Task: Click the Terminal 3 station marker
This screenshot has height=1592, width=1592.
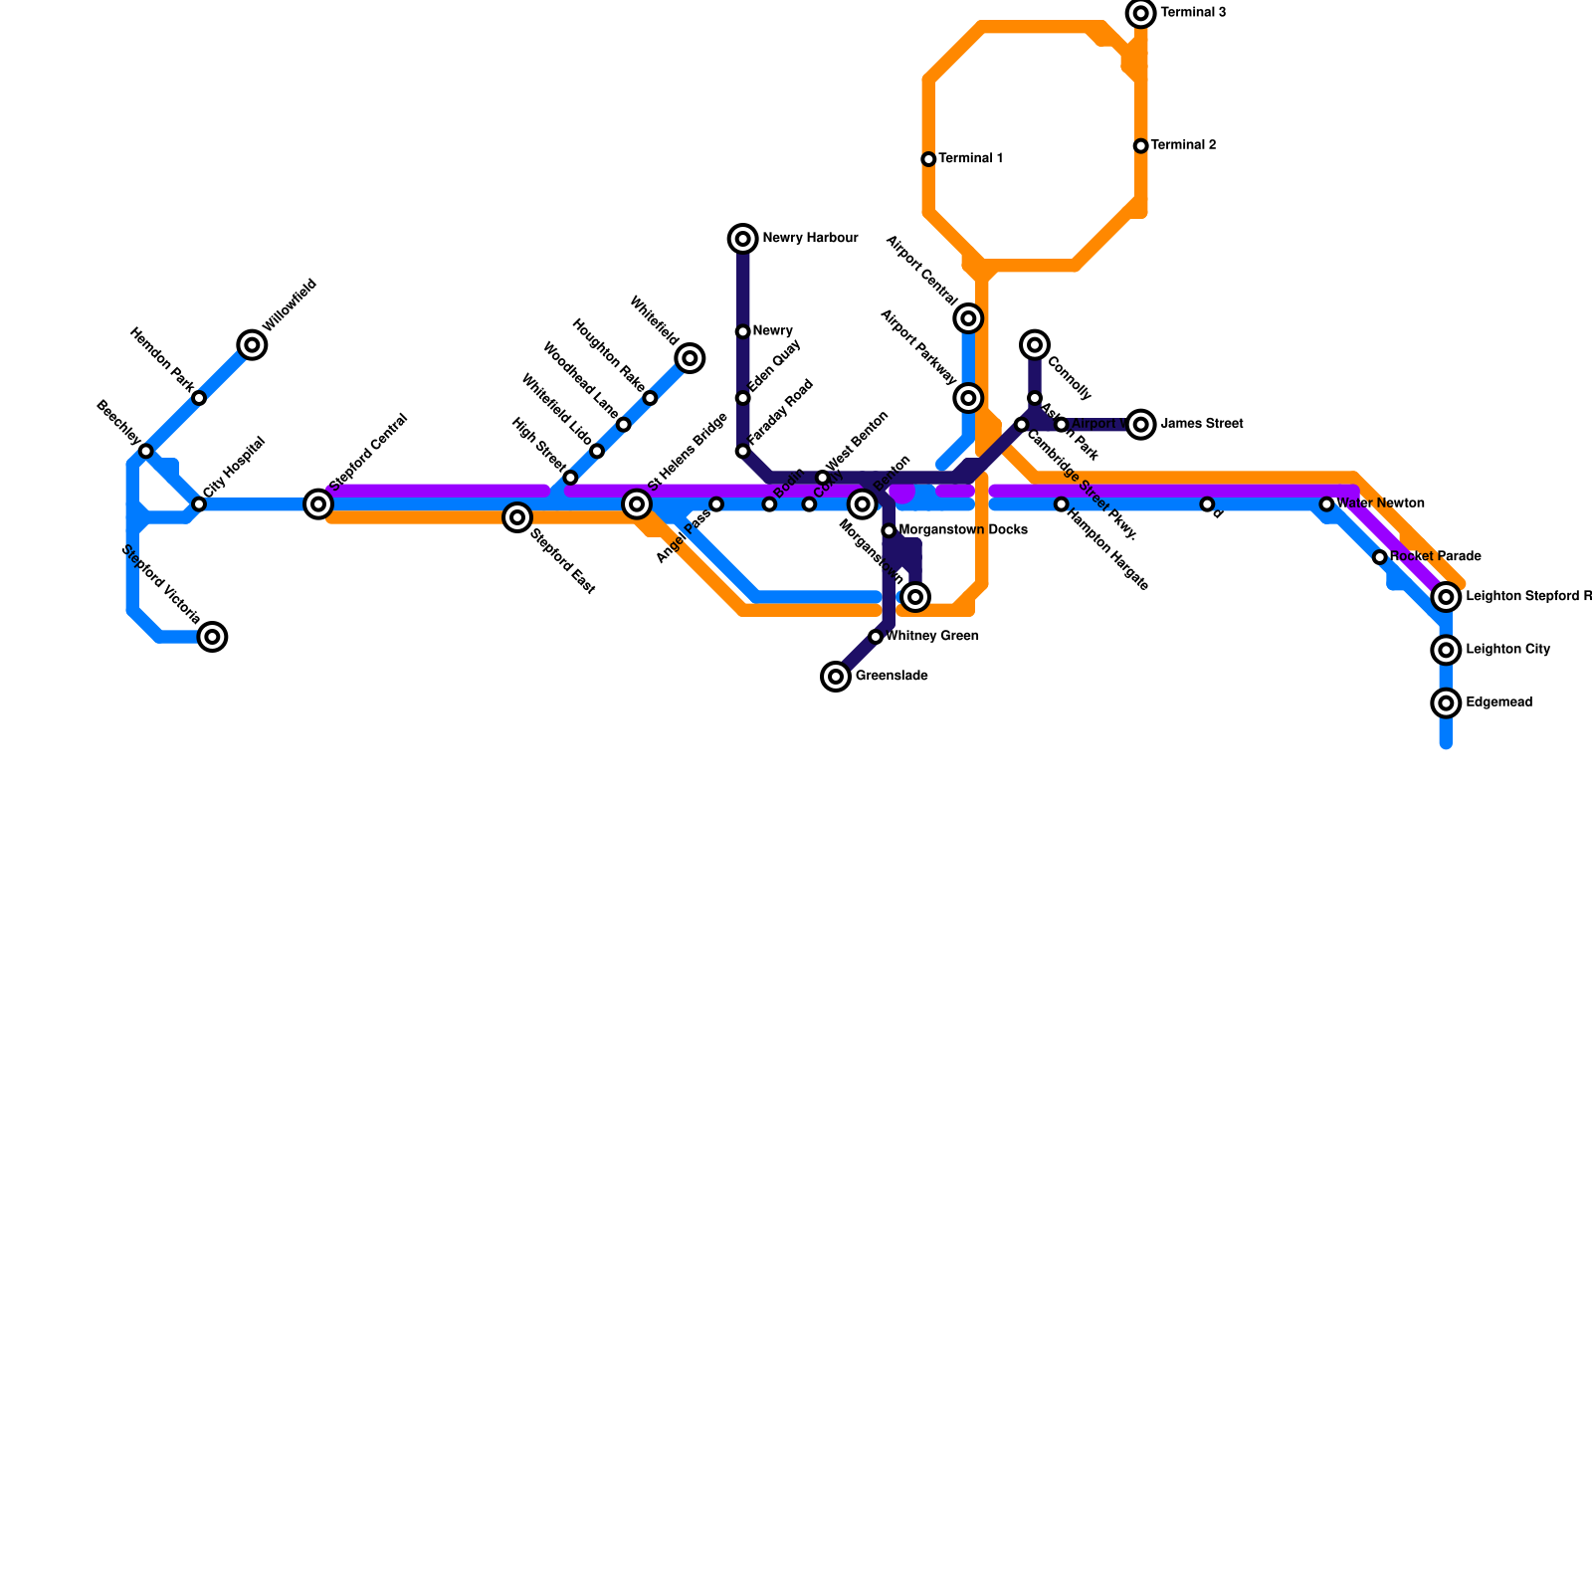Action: point(1141,13)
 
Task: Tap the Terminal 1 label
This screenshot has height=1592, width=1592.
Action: point(970,159)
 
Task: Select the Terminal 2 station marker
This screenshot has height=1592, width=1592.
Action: point(1141,146)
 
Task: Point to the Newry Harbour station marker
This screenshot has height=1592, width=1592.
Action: point(743,239)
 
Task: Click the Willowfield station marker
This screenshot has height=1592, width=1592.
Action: point(253,345)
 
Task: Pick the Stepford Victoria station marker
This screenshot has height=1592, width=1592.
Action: point(212,637)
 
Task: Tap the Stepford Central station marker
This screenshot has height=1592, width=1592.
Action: point(318,504)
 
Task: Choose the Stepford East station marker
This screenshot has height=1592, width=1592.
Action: point(516,517)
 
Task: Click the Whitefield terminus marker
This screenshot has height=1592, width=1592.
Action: point(690,358)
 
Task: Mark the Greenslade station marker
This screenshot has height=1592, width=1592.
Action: point(836,677)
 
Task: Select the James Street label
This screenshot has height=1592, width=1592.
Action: point(1202,425)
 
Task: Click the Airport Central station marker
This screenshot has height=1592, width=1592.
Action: point(969,318)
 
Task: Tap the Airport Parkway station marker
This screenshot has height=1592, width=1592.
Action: point(969,398)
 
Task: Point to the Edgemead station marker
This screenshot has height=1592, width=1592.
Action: point(1447,703)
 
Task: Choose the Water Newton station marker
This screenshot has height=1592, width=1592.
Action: point(1326,504)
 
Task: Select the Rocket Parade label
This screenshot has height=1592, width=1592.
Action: point(1436,557)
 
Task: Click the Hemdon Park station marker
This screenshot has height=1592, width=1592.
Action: point(199,398)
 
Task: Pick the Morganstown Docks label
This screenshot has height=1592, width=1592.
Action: point(963,531)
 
